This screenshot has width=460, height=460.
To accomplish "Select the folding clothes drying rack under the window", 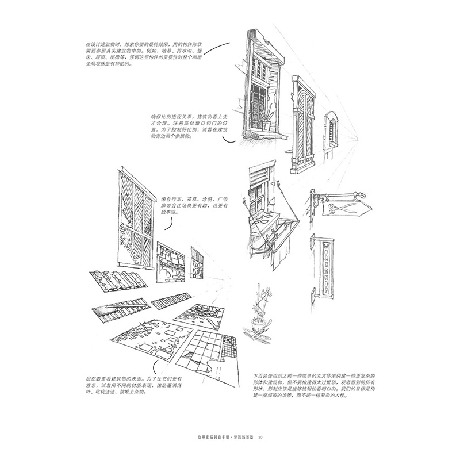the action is click(x=271, y=232).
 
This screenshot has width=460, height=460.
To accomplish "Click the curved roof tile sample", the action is click(x=119, y=283).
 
